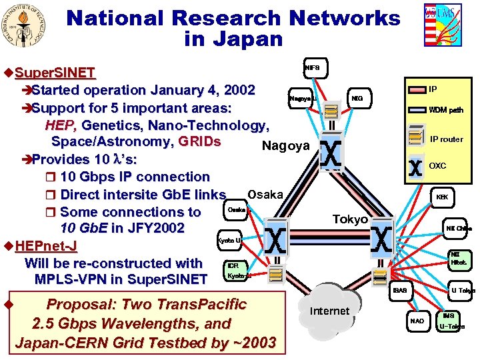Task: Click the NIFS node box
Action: [x=312, y=67]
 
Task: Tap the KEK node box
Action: [x=442, y=197]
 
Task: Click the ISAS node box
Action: [x=399, y=291]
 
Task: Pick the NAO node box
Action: [x=417, y=321]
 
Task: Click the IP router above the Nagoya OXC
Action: [x=330, y=123]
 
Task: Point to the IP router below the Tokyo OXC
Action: [x=381, y=263]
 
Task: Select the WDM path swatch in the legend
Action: [x=415, y=110]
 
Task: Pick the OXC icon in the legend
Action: [x=415, y=166]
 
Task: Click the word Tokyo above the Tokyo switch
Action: [x=350, y=219]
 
